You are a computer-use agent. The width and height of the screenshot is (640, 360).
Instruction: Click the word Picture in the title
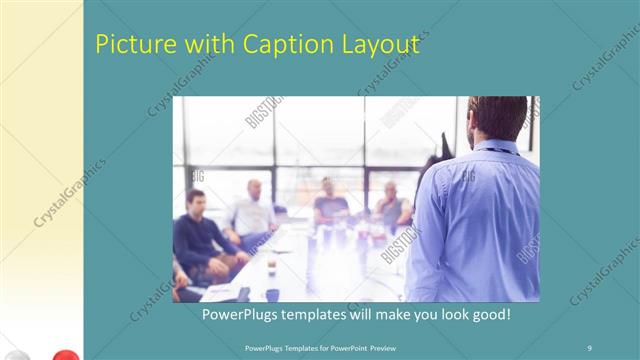128,44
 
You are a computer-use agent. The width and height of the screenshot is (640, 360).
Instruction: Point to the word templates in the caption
322,314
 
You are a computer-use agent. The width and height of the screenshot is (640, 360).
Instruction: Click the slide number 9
590,347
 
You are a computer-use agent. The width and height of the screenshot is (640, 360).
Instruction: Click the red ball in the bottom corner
65,354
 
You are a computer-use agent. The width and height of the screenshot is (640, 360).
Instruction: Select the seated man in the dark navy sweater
199,235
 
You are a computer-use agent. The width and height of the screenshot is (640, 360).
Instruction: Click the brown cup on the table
271,267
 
